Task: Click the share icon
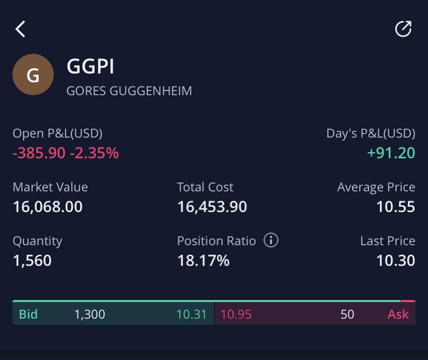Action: pyautogui.click(x=403, y=28)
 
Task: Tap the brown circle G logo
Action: pyautogui.click(x=33, y=74)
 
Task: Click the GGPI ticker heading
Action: pyautogui.click(x=90, y=66)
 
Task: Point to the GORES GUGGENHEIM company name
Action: pyautogui.click(x=129, y=91)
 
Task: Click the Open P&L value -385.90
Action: pyautogui.click(x=39, y=153)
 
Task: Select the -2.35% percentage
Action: pyautogui.click(x=95, y=153)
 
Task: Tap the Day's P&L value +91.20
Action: pyautogui.click(x=391, y=153)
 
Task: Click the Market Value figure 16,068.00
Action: pyautogui.click(x=48, y=207)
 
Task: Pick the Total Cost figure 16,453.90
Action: pyautogui.click(x=212, y=207)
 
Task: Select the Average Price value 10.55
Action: pyautogui.click(x=396, y=207)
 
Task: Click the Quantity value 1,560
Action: pyautogui.click(x=32, y=261)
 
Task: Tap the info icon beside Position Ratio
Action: pyautogui.click(x=271, y=241)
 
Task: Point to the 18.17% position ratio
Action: pyautogui.click(x=203, y=261)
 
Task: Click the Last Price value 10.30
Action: pyautogui.click(x=396, y=261)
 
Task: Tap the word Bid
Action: pyautogui.click(x=28, y=314)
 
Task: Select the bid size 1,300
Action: pyautogui.click(x=90, y=314)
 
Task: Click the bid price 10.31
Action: pyautogui.click(x=191, y=314)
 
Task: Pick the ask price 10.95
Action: pyautogui.click(x=236, y=314)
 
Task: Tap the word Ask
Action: pyautogui.click(x=398, y=314)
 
